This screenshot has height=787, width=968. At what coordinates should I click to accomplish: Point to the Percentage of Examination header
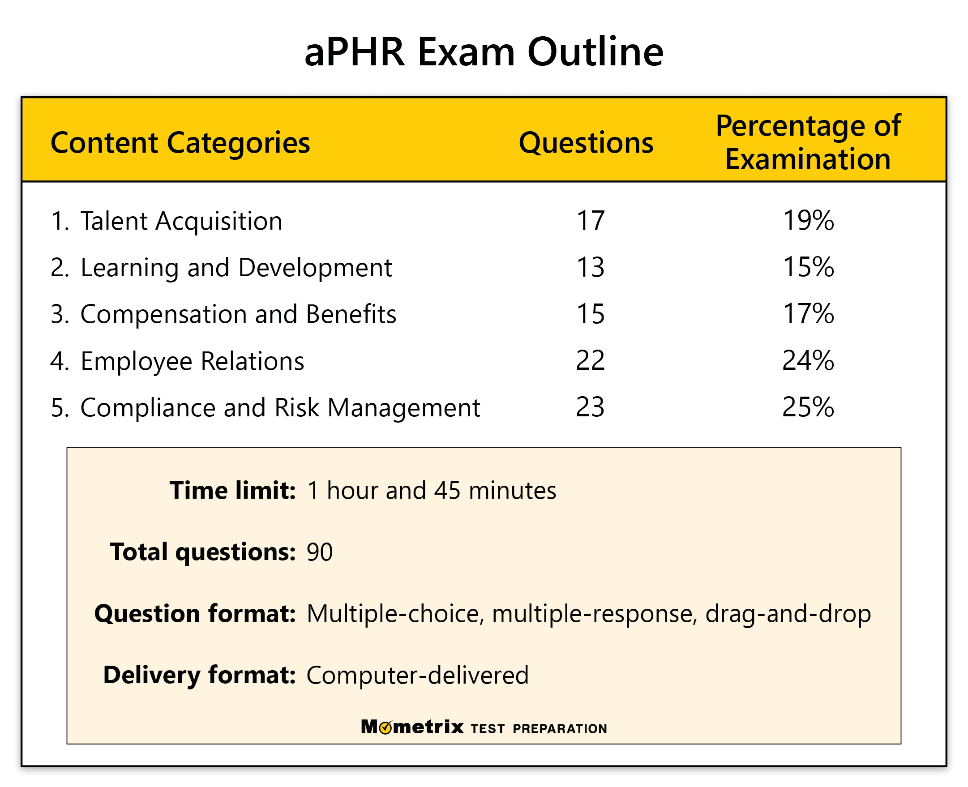pos(808,142)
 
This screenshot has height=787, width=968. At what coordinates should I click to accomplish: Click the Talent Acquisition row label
pos(181,222)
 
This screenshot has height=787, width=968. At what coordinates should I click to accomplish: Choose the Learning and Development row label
pos(236,267)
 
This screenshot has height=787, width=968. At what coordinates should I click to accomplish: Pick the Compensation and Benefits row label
pos(238,314)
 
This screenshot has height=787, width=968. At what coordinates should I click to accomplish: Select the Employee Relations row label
pos(192,361)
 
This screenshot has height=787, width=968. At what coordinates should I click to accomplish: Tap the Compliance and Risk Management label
pos(280,407)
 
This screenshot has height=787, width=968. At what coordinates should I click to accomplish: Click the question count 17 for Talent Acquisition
pos(590,221)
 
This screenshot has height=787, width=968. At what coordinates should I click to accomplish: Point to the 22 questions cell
pos(590,361)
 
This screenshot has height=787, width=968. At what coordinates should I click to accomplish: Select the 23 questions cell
pos(590,407)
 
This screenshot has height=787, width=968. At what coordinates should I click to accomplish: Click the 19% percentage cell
pos(809,221)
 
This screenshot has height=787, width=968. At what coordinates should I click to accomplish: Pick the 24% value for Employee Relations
pos(809,361)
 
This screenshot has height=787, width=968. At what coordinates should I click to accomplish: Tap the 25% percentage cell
pos(809,407)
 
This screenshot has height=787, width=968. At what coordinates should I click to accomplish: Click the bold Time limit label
pos(232,491)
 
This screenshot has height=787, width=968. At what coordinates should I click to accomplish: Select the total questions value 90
pos(320,552)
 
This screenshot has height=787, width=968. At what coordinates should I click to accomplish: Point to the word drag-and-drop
pos(788,614)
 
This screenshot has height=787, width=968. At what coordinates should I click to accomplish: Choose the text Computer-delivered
pos(418,676)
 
